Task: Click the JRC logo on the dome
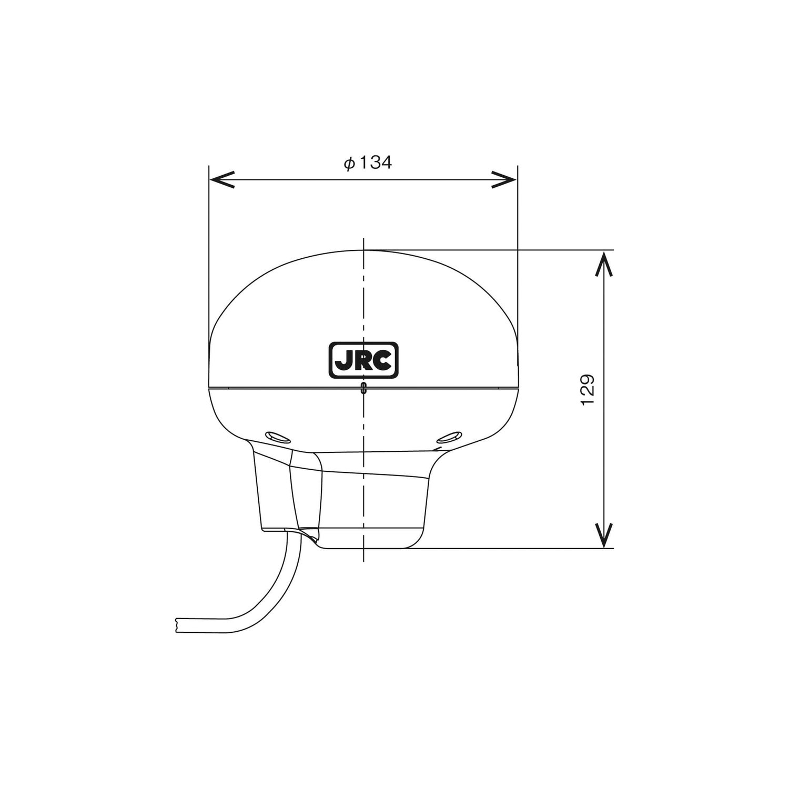point(363,360)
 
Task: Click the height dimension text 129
point(588,389)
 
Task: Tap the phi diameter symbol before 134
point(349,164)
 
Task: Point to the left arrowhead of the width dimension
point(218,179)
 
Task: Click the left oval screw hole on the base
point(277,437)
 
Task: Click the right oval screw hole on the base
point(449,437)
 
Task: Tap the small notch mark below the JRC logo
point(363,389)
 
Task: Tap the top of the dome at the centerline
point(363,250)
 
